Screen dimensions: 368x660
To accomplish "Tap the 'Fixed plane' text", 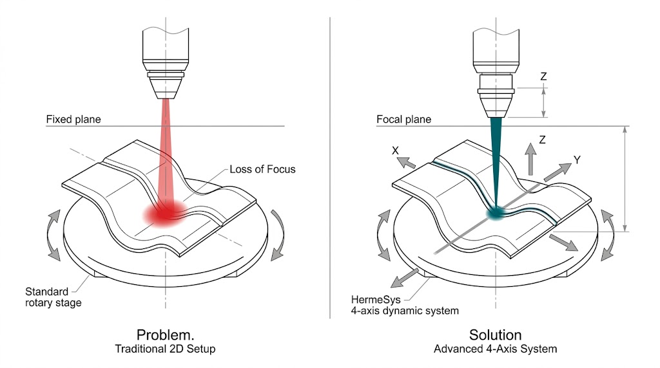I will (73, 120).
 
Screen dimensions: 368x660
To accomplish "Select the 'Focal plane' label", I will (404, 120).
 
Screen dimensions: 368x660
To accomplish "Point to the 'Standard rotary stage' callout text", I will (53, 297).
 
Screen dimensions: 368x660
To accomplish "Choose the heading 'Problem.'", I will (165, 335).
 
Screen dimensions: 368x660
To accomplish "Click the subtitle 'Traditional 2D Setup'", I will (165, 349).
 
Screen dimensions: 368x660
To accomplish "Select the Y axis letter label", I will (577, 160).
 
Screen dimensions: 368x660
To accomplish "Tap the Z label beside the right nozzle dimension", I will (543, 77).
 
